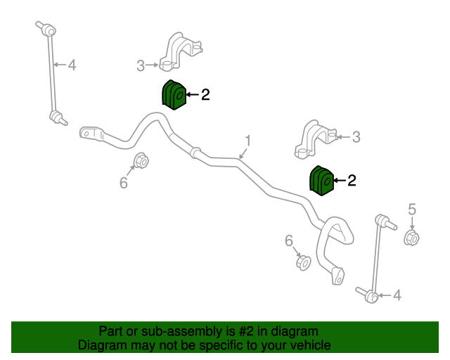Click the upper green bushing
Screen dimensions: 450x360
tap(174, 95)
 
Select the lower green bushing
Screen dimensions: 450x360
tap(321, 181)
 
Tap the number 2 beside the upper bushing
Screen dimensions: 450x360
tap(205, 94)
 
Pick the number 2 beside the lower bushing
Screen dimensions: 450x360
tap(352, 180)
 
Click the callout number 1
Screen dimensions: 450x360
tap(248, 141)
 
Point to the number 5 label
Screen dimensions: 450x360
tap(412, 210)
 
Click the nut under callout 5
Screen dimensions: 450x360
tap(411, 238)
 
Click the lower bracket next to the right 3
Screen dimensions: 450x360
tap(316, 139)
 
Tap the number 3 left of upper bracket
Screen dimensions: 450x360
tap(141, 65)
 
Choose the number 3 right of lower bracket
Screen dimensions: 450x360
tap(356, 137)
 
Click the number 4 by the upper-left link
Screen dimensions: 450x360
tap(72, 65)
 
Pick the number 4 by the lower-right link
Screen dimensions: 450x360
tap(397, 295)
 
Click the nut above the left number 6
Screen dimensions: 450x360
tap(141, 161)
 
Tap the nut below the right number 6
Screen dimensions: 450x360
tap(303, 263)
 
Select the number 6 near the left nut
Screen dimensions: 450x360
tap(124, 183)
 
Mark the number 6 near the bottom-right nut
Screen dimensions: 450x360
tap(289, 240)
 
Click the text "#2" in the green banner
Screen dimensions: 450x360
tap(246, 331)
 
